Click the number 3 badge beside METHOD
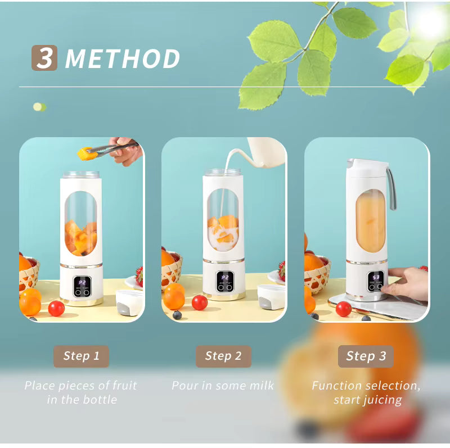(x=44, y=58)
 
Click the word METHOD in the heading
(x=123, y=59)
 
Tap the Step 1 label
(x=81, y=356)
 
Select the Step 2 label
(x=223, y=356)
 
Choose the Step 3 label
(x=366, y=356)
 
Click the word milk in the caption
(x=260, y=386)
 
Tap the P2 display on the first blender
(x=82, y=282)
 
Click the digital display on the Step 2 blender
(x=225, y=278)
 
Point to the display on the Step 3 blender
(x=376, y=277)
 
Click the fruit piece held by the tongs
(x=84, y=153)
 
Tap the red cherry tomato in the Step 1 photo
(x=56, y=308)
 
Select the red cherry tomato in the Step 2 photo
(x=200, y=302)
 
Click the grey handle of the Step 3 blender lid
(x=391, y=188)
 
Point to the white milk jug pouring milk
(x=264, y=153)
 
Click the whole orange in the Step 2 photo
(x=174, y=296)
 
